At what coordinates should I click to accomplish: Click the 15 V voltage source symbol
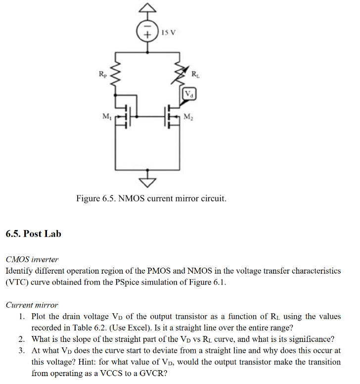click(147, 33)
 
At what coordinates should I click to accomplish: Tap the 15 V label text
click(169, 33)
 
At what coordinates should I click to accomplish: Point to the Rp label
click(102, 75)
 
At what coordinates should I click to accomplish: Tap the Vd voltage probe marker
click(189, 94)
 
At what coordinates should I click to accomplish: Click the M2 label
click(188, 117)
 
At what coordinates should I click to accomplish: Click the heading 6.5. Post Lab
click(34, 234)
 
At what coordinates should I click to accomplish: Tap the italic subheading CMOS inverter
click(32, 259)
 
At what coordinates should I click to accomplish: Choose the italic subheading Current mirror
click(32, 305)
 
